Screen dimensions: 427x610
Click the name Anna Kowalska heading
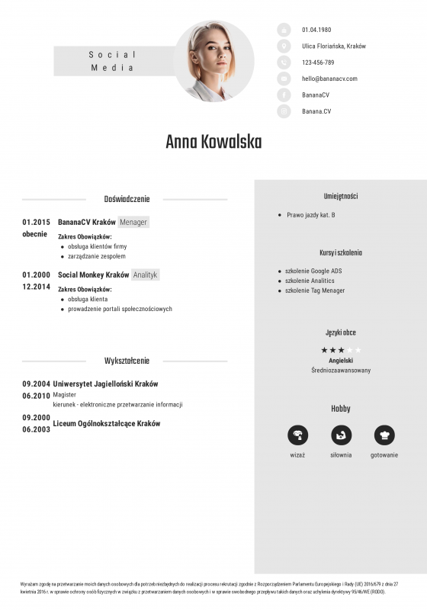coord(213,143)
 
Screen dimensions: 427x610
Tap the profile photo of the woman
coord(214,62)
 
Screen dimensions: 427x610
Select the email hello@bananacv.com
coord(329,79)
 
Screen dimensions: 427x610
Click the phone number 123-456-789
coord(318,63)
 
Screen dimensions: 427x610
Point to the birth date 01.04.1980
coord(316,30)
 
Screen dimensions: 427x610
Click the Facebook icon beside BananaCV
coord(284,95)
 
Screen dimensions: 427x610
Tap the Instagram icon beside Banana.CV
coord(284,111)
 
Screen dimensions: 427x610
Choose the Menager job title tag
coord(133,222)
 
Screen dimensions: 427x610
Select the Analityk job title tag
coord(145,274)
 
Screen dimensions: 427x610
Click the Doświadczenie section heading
coord(127,199)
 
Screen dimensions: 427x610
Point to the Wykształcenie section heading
coord(127,361)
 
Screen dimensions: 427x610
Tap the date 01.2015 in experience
coord(36,222)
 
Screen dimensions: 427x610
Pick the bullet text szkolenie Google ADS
coord(313,271)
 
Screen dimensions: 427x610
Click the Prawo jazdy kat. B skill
coord(311,215)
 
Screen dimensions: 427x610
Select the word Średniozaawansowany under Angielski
coord(341,370)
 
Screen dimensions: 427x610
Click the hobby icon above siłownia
coord(341,435)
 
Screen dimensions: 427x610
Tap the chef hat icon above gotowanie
coord(384,435)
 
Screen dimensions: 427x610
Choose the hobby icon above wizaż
coord(297,435)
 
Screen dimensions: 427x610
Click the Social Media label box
coord(112,61)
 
